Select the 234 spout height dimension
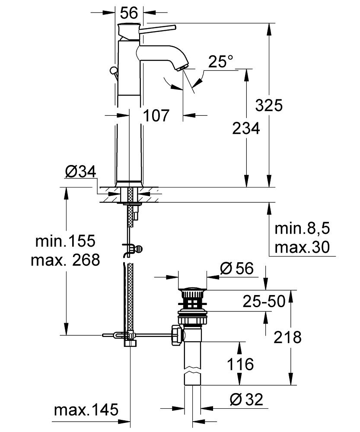coord(246,128)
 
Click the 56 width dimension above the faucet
coord(129,13)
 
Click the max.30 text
coord(302,247)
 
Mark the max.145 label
coord(86,410)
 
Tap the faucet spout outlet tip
coord(182,67)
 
